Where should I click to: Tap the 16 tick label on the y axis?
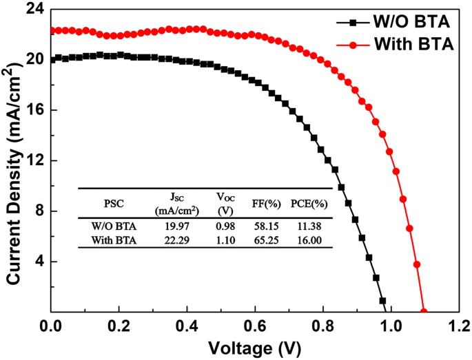(x=34, y=110)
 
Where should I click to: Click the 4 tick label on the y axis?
(x=39, y=262)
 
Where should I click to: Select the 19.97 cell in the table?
(x=174, y=225)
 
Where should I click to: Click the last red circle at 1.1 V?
(x=424, y=312)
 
